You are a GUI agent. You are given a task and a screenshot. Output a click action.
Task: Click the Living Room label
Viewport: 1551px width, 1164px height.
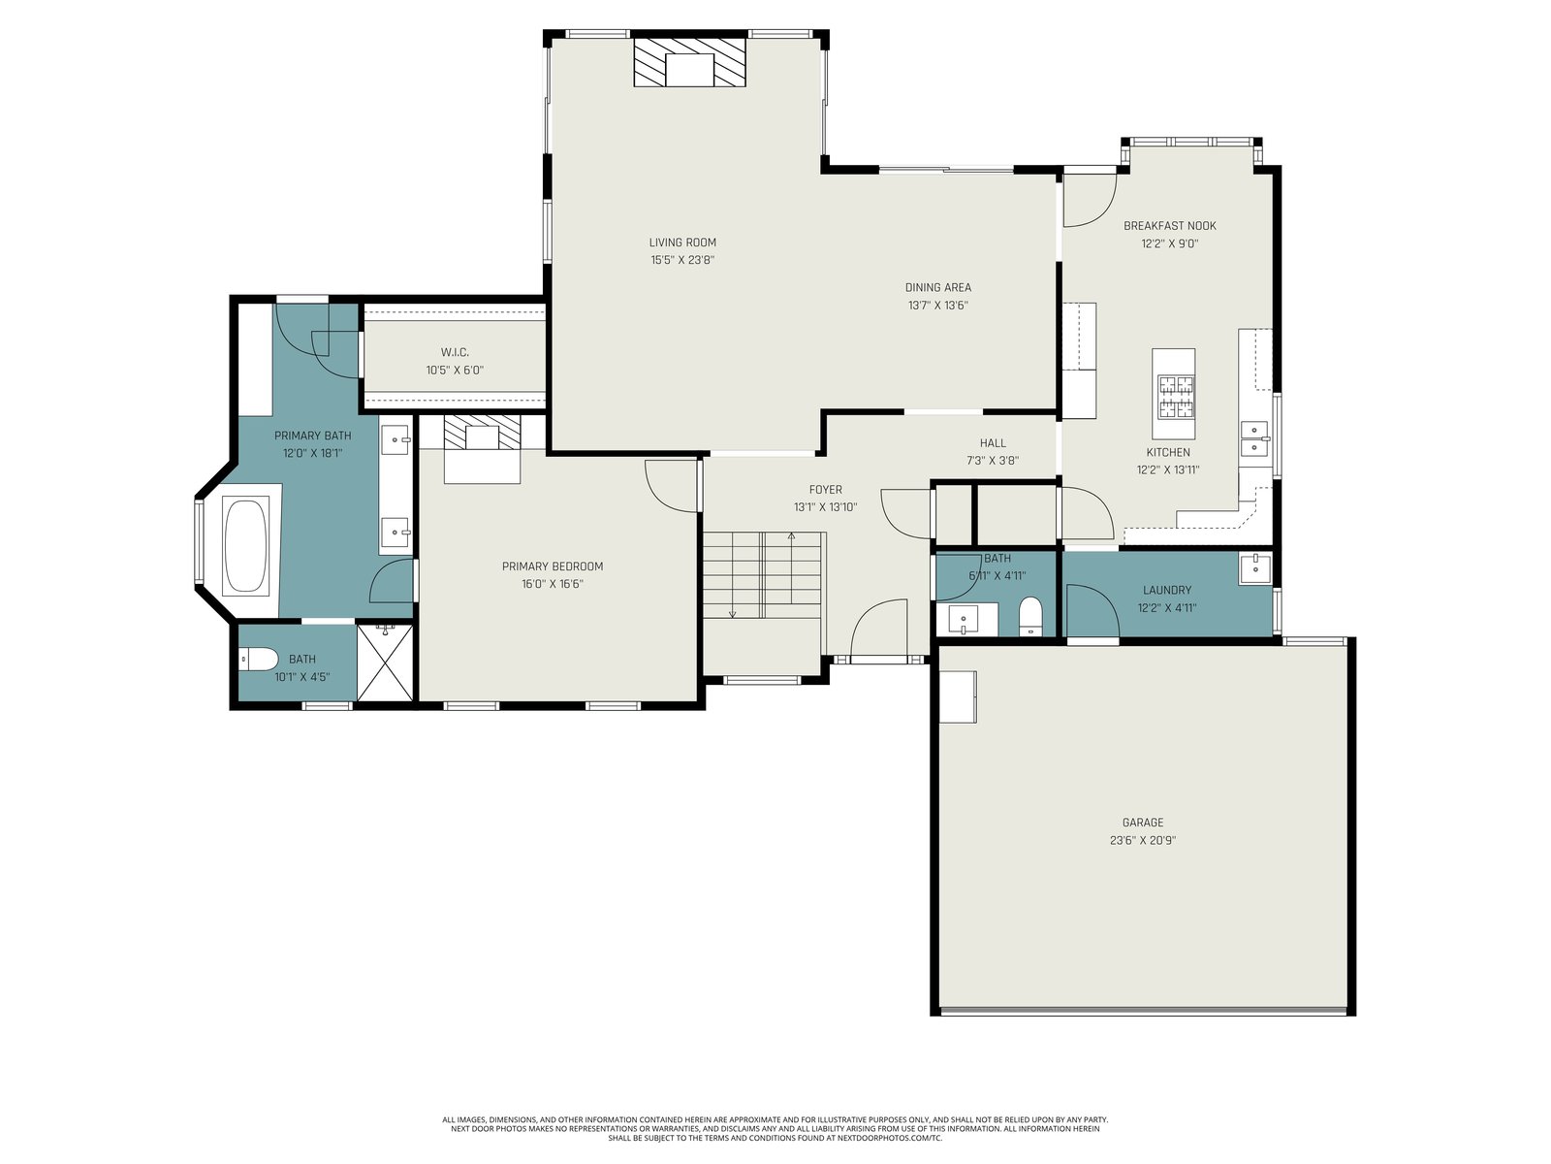tap(681, 242)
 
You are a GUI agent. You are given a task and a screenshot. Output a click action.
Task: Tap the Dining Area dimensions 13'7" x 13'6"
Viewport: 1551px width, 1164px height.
tap(937, 306)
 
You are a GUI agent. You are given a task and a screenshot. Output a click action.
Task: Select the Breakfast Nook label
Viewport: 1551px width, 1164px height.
tap(1169, 226)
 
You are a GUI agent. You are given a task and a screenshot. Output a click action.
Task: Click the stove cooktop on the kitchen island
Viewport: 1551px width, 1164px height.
tap(1175, 397)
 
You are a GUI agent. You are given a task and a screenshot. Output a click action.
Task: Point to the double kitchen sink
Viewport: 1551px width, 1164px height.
tap(1253, 438)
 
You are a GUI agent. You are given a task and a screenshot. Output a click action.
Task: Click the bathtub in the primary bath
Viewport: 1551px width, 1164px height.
tap(245, 545)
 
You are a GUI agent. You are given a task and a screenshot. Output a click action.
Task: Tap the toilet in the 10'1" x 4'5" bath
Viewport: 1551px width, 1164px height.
tap(257, 661)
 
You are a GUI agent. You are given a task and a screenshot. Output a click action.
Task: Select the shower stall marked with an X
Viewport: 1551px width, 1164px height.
tap(385, 663)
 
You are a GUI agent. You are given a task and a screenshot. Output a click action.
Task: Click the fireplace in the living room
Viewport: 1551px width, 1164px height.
tap(689, 62)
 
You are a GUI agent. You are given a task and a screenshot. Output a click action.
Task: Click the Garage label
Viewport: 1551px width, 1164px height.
tap(1142, 823)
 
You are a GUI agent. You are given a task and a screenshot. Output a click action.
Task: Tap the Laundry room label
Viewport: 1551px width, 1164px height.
tap(1166, 590)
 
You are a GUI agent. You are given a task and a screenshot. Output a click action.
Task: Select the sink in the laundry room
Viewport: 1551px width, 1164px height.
tap(1254, 569)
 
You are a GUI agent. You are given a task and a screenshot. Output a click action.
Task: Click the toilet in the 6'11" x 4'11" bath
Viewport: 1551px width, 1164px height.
tap(1031, 616)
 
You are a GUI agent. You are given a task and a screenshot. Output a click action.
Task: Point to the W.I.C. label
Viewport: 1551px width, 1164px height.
tap(455, 352)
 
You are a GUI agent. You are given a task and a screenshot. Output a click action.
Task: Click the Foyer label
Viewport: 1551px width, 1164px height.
tap(825, 490)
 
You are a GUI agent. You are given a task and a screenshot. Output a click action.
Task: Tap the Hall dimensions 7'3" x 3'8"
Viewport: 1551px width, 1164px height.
tap(992, 461)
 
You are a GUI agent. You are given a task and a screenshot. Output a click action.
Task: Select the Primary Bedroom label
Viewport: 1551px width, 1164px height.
tap(552, 566)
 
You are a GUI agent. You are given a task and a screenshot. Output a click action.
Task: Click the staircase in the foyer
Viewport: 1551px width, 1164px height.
tap(763, 576)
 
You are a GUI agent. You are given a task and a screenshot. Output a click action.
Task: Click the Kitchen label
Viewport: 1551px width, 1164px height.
tap(1167, 452)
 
